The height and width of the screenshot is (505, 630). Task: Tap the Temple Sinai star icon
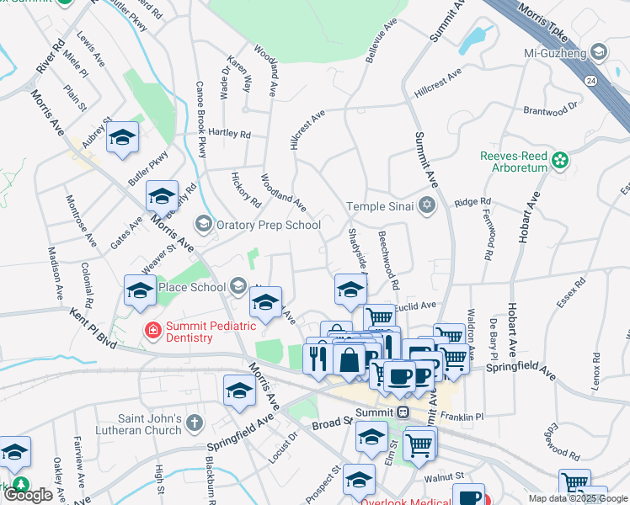coord(427,205)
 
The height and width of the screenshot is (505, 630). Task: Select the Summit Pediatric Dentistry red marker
coord(152,330)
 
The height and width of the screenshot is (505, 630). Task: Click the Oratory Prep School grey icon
coord(202,224)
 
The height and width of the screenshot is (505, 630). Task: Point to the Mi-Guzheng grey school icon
coord(598,52)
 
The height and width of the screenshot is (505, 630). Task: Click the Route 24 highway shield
coord(591,81)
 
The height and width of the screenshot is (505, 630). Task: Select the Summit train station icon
coord(403,412)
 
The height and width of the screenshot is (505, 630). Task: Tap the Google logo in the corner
coord(28,495)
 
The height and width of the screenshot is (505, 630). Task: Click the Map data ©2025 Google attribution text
coord(577,498)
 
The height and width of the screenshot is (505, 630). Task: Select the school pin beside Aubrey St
coord(123,140)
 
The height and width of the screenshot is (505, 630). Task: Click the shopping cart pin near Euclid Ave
coord(380,319)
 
